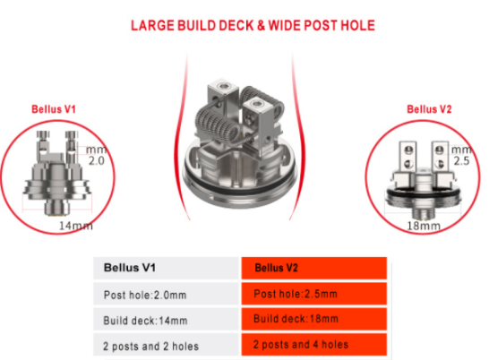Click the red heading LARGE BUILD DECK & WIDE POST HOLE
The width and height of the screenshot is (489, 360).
(253, 26)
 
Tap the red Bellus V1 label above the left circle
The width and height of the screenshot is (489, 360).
(54, 109)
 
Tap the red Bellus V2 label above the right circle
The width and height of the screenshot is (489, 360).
(429, 109)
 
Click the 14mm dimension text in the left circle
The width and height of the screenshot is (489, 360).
(76, 226)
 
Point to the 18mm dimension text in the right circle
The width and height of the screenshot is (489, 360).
(424, 226)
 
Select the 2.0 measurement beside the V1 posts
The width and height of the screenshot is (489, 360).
(97, 160)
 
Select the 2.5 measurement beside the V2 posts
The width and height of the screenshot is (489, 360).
(461, 160)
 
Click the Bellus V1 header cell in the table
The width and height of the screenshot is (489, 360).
(167, 268)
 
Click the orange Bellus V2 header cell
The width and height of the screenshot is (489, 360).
(314, 268)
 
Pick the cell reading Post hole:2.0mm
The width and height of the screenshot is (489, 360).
(167, 294)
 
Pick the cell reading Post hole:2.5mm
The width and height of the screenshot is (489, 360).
(314, 294)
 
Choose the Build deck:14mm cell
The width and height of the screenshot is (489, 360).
(167, 320)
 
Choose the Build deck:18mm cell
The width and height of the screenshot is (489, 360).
(314, 320)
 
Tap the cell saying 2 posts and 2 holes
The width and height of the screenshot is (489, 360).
(167, 345)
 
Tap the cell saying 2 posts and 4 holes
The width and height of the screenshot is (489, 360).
(314, 345)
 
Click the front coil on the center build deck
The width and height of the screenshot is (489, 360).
(219, 124)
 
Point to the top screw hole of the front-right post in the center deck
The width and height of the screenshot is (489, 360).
(257, 104)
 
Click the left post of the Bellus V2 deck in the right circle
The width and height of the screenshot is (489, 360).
(408, 158)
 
